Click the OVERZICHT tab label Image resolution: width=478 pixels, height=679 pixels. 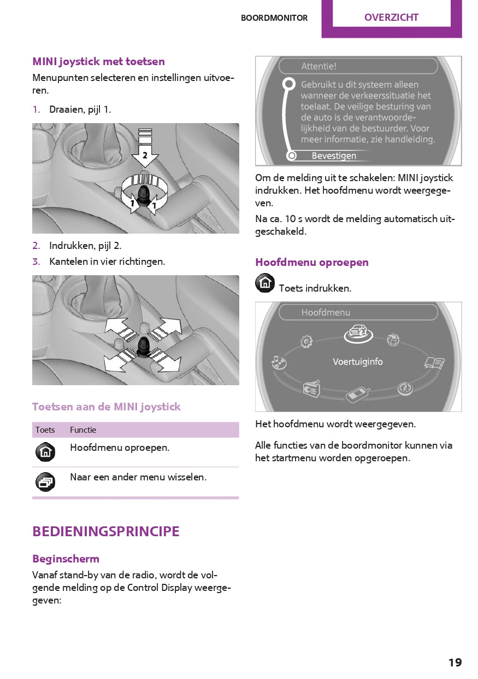coord(391,18)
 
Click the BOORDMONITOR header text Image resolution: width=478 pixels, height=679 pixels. coord(274,18)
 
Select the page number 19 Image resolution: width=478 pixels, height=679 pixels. coord(455,663)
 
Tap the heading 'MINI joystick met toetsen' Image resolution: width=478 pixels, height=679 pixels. coord(98,61)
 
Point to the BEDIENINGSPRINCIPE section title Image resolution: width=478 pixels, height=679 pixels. coord(106,531)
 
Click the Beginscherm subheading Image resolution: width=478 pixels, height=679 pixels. coord(66,559)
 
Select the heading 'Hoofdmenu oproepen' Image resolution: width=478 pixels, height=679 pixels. coord(312,262)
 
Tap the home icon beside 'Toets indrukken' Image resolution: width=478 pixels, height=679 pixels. coord(265,283)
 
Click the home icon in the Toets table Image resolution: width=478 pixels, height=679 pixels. coord(45,452)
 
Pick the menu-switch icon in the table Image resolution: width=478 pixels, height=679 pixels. coord(45,481)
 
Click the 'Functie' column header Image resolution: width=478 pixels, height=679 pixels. coord(83,430)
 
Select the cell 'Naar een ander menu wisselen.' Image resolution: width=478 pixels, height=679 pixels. coord(138,477)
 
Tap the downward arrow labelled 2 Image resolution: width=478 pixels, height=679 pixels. coord(145,155)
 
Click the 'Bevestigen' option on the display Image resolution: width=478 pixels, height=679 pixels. coord(334,156)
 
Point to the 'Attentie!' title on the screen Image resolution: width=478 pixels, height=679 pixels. coord(319,67)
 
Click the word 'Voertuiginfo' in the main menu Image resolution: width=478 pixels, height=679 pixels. coord(358,362)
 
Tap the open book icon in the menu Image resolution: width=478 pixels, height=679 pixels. coord(434,362)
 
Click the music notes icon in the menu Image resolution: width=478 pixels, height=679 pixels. coord(279,362)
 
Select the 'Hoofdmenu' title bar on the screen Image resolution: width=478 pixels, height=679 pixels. coord(358,312)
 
